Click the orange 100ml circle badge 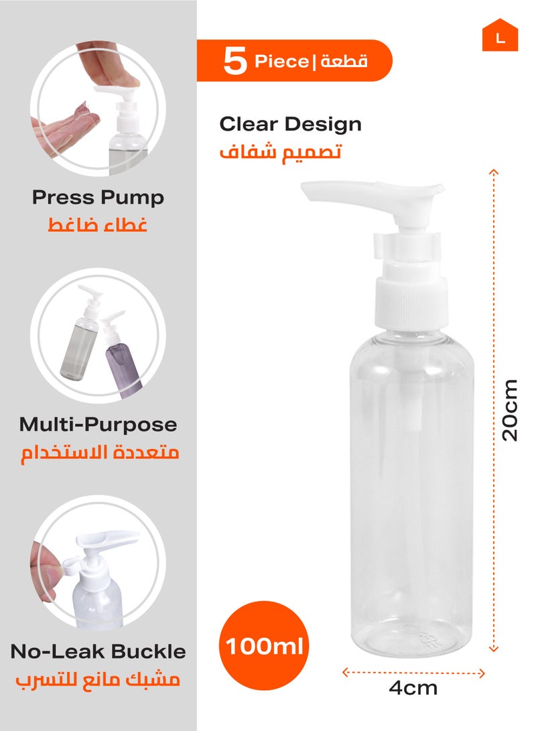(264, 647)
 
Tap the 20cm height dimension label (511, 410)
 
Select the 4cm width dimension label (413, 687)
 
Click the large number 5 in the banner (234, 62)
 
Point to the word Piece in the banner (280, 62)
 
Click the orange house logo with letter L (500, 38)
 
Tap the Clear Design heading (290, 124)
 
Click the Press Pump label (98, 198)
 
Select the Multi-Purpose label (98, 424)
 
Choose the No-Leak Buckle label (98, 651)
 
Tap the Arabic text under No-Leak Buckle (98, 679)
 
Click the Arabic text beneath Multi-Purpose (98, 453)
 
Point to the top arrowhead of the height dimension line (494, 172)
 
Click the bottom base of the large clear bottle (413, 640)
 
